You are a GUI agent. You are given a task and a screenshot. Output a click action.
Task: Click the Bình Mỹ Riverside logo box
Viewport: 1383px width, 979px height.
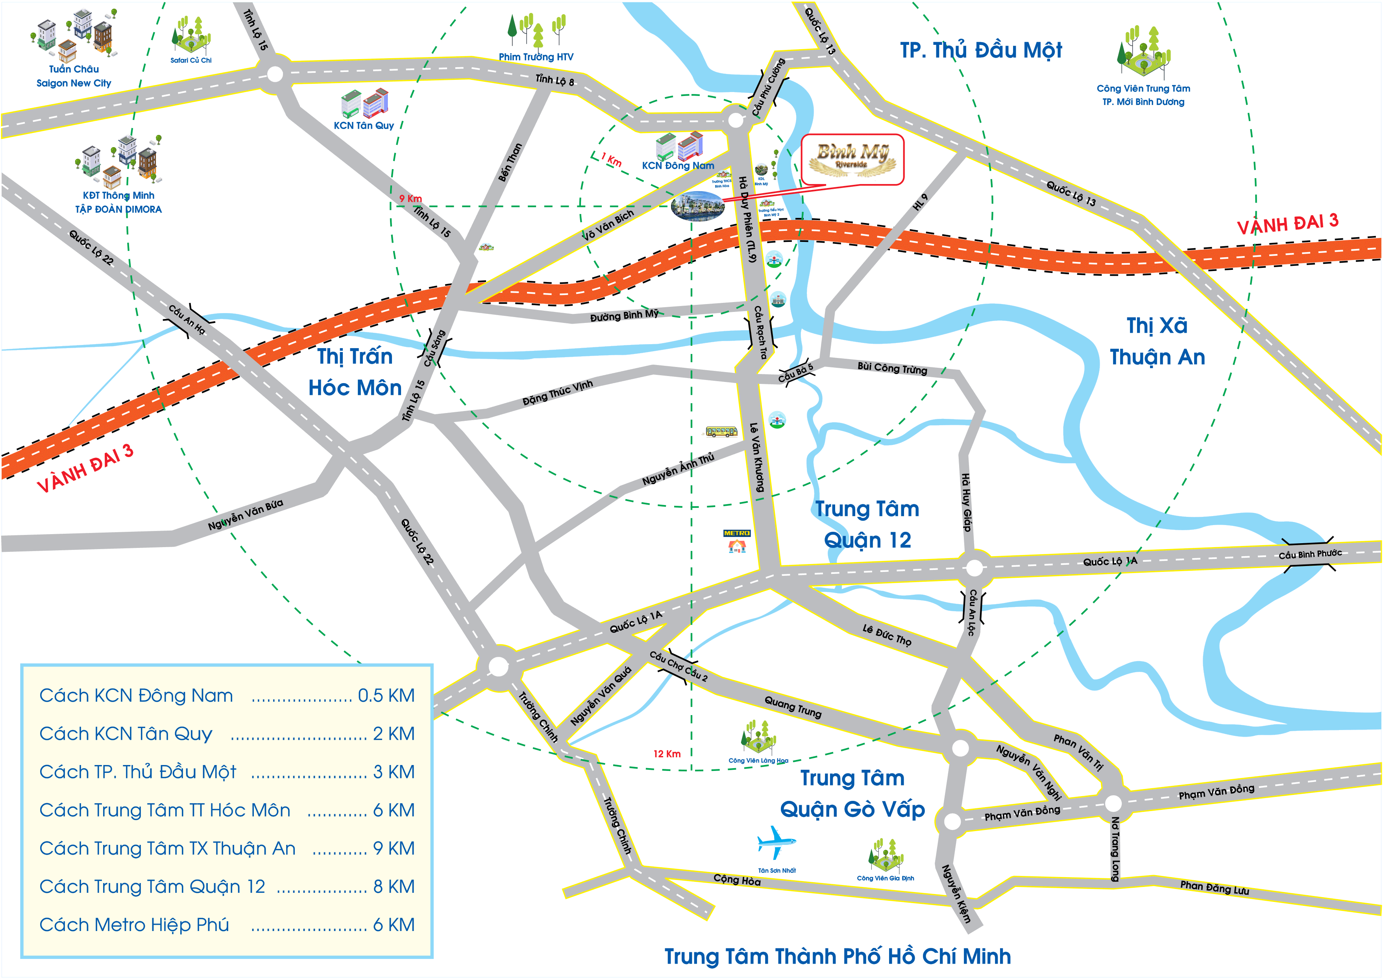pos(852,160)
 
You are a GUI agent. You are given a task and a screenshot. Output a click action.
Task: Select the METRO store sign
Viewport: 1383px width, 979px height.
pos(736,533)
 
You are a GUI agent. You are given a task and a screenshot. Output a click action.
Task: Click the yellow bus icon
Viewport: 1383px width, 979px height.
pos(721,431)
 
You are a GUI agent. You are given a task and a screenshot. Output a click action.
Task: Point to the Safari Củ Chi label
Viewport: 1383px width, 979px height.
pos(190,60)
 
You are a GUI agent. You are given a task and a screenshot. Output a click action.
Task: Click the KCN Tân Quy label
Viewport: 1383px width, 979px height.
pos(364,125)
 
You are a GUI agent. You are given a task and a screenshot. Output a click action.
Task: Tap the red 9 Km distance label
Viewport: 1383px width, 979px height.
pos(411,198)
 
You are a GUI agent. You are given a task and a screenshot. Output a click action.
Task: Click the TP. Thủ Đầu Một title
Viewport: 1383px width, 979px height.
pos(981,51)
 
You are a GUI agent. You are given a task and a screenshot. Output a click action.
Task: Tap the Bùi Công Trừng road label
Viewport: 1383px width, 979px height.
pos(892,368)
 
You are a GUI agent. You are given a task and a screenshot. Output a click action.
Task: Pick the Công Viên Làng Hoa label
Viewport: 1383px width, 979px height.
pos(758,761)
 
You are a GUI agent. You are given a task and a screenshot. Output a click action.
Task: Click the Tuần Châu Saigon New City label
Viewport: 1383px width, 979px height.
pos(74,76)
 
